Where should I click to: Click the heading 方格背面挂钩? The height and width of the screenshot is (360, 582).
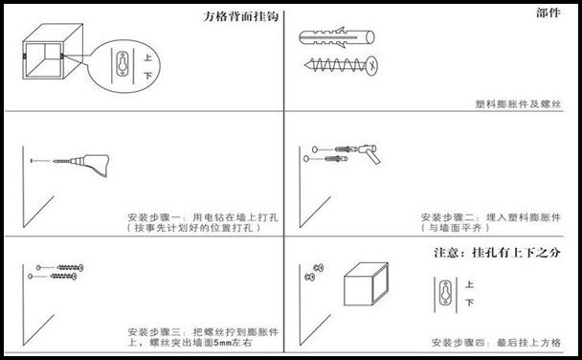pos(240,16)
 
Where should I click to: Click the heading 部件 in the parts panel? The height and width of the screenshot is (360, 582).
pos(548,13)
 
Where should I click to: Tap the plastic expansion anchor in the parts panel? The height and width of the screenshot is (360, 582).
pos(336,37)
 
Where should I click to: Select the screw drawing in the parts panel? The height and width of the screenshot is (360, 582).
pos(341,66)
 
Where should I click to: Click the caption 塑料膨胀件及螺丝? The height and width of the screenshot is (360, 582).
pos(518,104)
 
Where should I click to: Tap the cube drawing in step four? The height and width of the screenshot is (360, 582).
pos(366,284)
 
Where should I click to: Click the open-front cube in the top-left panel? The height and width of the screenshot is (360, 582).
pos(53,51)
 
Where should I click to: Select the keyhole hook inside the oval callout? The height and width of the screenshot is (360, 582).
pos(123,64)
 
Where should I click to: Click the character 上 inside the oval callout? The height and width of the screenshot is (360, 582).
pos(147,57)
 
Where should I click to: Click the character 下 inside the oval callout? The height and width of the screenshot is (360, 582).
pos(147,76)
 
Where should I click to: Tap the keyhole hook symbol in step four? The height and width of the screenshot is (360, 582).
pos(445,293)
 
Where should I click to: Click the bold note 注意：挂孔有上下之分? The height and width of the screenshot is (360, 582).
pos(497,253)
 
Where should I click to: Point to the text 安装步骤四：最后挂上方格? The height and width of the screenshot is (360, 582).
pos(496,342)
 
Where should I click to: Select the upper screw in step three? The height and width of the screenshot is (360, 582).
pos(70,267)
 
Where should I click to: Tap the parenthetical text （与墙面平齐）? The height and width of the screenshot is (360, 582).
pos(456,228)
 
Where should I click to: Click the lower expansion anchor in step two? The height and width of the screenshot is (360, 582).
pos(336,159)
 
